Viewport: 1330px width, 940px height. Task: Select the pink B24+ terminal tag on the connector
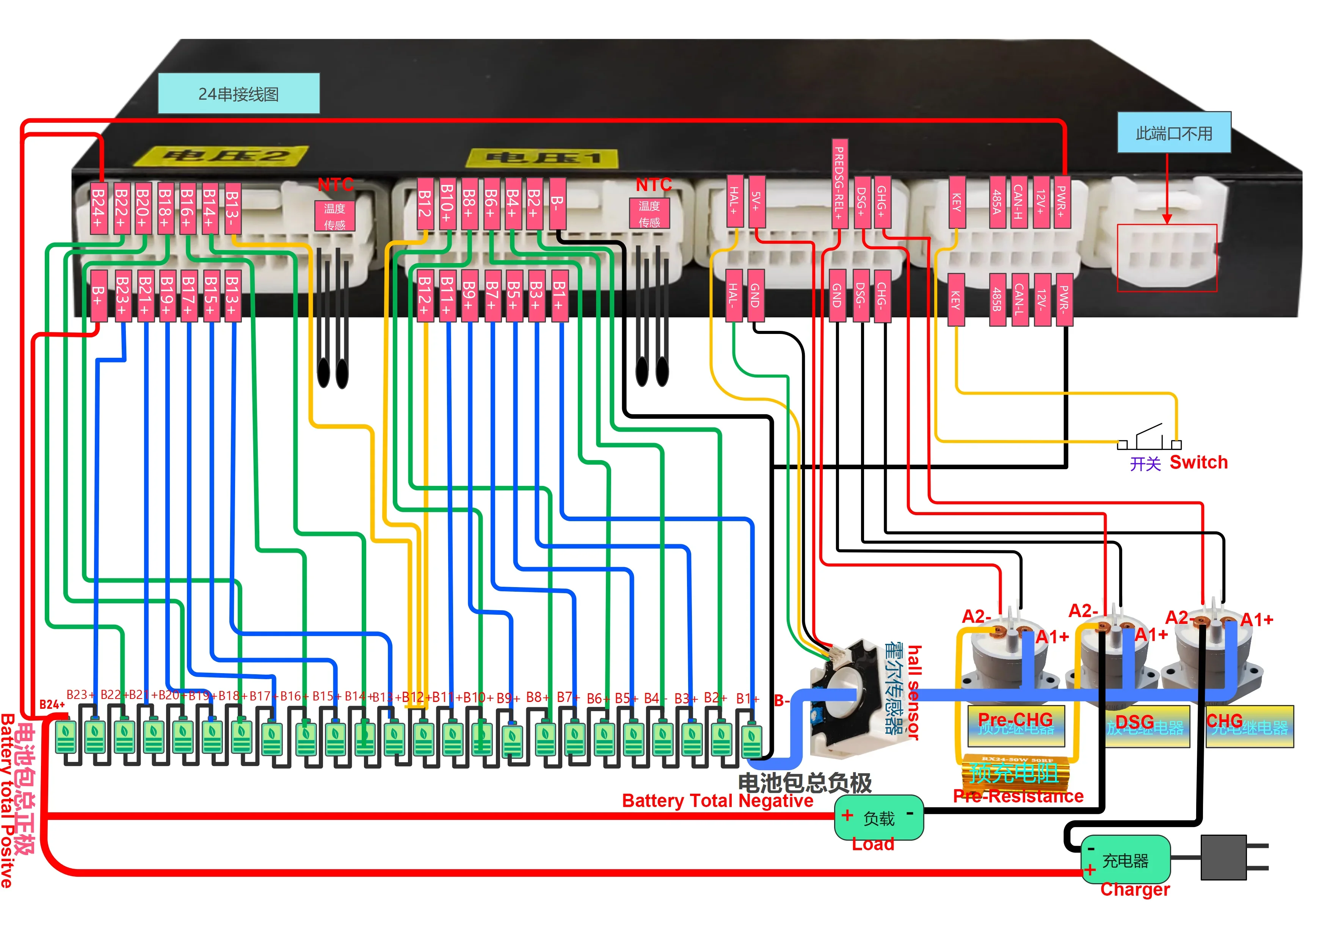(x=99, y=208)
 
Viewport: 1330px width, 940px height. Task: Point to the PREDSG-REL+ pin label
(x=839, y=182)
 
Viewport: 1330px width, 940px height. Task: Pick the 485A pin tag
(x=996, y=202)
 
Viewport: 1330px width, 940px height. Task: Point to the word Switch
(x=1198, y=462)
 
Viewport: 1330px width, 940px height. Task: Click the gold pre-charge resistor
(x=1014, y=770)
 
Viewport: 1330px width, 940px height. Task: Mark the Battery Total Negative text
(x=717, y=801)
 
